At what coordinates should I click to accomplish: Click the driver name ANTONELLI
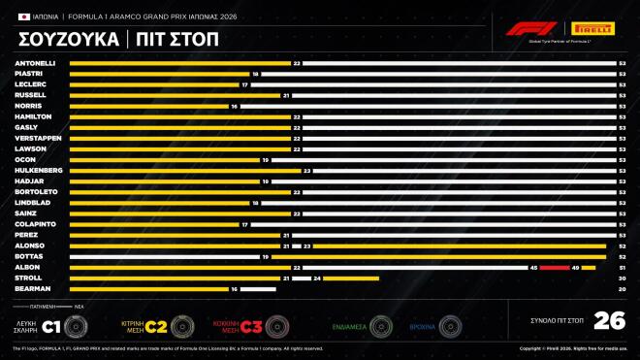tap(35, 63)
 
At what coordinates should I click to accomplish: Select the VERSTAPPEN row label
tap(38, 138)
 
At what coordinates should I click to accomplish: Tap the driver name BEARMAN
tap(32, 288)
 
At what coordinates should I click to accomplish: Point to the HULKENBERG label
tap(39, 170)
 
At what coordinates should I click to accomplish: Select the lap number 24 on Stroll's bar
tap(317, 278)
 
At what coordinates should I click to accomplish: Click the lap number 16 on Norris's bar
tap(234, 106)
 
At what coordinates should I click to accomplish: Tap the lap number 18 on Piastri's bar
tap(256, 74)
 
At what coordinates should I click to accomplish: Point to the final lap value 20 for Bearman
tap(622, 288)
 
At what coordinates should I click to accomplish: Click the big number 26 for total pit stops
tap(608, 321)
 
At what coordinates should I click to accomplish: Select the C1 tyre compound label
tap(56, 325)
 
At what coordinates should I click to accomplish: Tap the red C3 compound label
tap(251, 325)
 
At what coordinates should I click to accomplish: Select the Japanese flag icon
tap(23, 16)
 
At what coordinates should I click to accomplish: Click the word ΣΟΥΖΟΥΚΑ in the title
tap(67, 40)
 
